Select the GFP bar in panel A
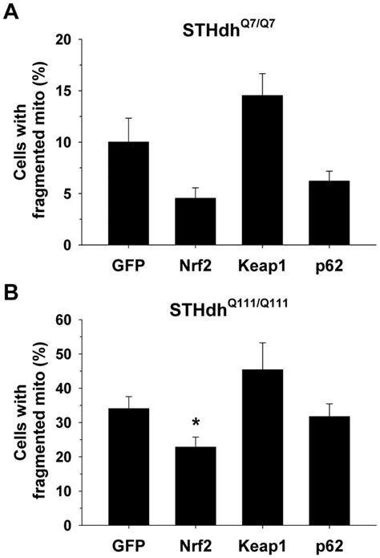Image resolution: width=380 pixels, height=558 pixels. coord(128,193)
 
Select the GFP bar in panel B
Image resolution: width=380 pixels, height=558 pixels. coord(128,466)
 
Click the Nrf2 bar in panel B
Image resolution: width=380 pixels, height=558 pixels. coord(184,487)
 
